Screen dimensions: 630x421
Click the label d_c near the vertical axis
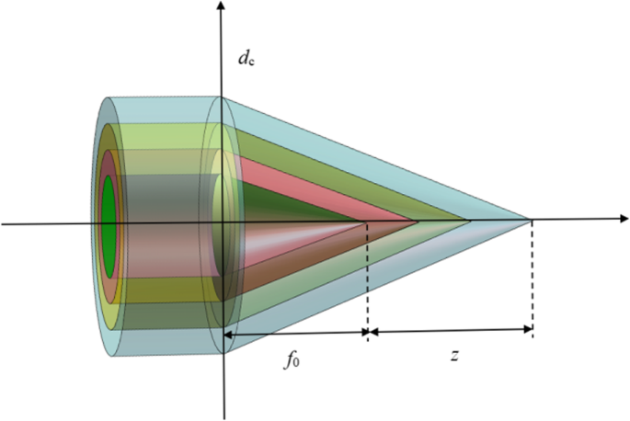(246, 59)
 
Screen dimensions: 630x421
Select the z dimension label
(454, 356)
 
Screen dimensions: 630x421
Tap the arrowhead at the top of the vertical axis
(220, 6)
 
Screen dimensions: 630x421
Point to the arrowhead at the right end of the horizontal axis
(624, 219)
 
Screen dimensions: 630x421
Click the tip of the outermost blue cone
(532, 220)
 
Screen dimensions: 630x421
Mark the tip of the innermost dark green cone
(366, 222)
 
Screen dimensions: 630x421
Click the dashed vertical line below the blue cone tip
(533, 279)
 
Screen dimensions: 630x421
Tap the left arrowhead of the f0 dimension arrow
(228, 335)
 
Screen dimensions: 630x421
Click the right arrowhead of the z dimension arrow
(527, 330)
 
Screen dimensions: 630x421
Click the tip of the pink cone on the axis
(417, 221)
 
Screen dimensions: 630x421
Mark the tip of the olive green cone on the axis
(469, 220)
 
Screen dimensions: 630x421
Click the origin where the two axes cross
(223, 222)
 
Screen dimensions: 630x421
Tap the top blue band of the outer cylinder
(165, 109)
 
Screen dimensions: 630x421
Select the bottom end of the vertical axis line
(224, 418)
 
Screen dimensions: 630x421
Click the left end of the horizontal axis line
(3, 223)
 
